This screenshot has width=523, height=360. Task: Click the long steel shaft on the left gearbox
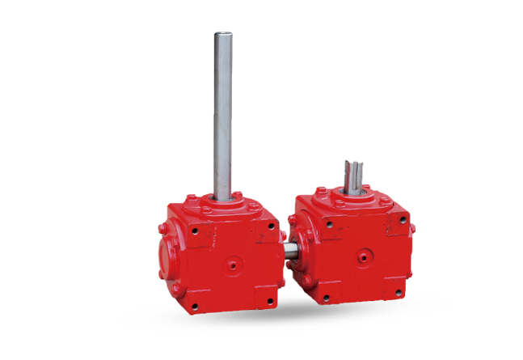click(x=222, y=113)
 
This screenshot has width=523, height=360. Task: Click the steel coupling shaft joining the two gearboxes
click(x=289, y=250)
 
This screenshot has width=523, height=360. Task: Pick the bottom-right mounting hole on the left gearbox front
click(x=268, y=303)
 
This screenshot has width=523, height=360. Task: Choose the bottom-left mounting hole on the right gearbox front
click(x=326, y=298)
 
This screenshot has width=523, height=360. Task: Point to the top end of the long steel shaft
click(x=222, y=34)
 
